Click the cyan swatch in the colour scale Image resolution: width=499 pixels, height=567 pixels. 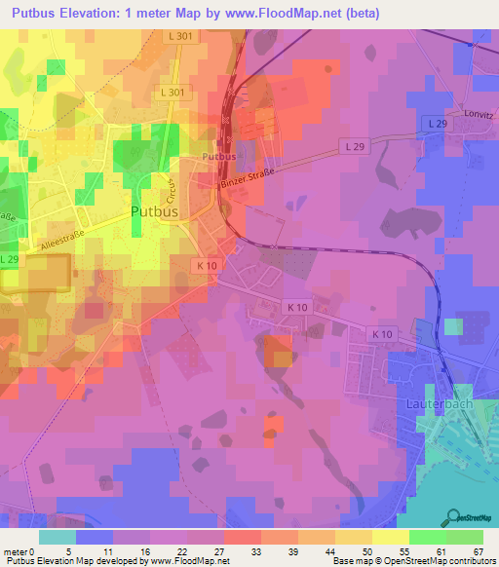point(58,537)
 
